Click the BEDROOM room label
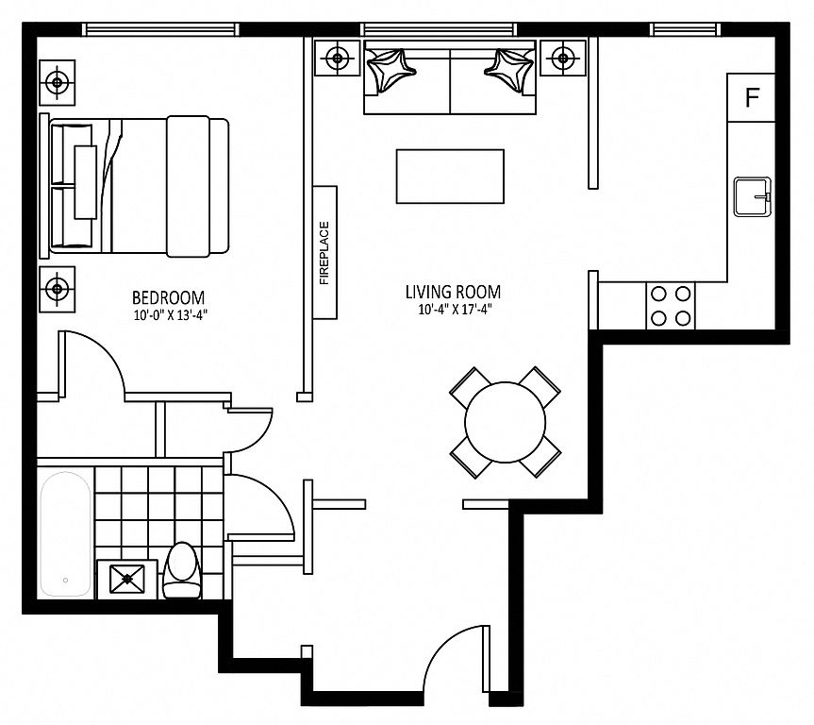168,297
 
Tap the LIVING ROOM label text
453,292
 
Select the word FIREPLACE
324,253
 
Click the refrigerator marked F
751,98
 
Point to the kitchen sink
753,196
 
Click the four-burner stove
671,306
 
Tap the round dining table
506,422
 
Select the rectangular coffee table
450,177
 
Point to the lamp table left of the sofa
338,58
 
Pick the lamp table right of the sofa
562,58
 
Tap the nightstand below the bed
58,289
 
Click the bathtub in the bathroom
66,533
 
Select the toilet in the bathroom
182,570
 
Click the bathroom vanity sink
127,579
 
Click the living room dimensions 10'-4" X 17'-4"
455,310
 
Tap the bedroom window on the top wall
161,29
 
